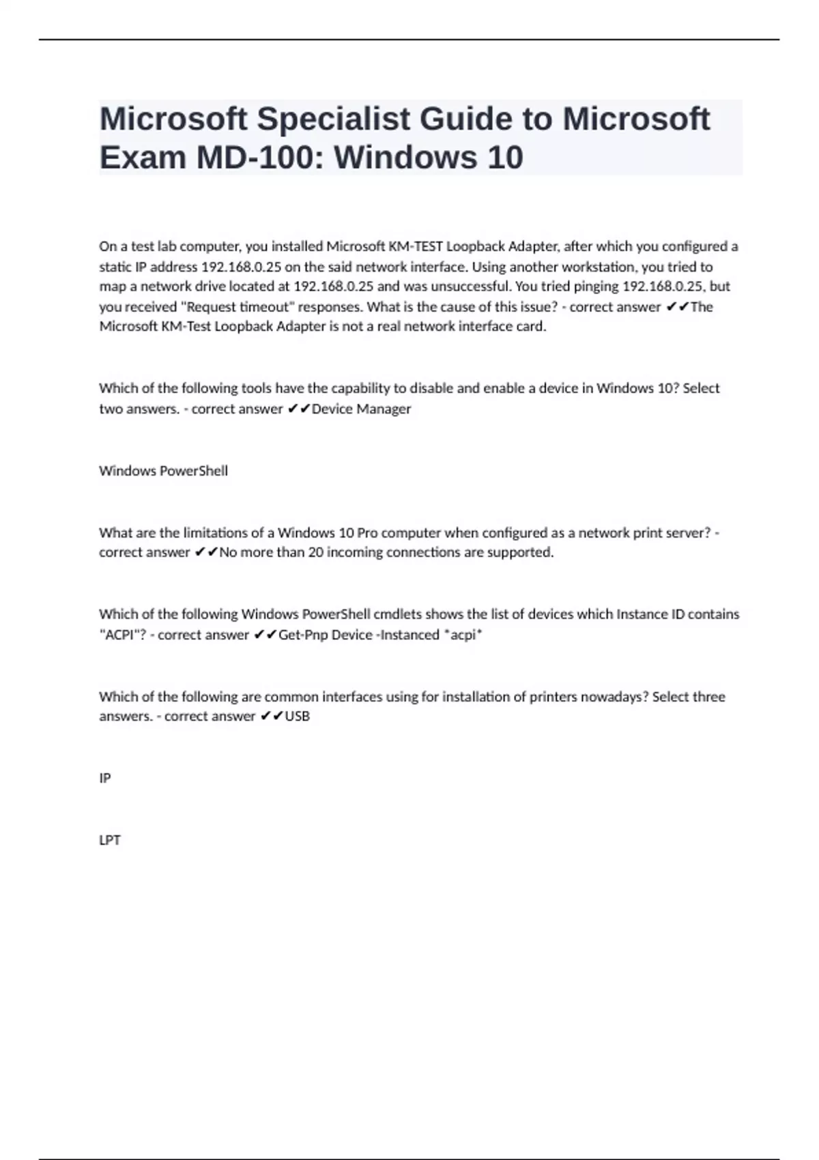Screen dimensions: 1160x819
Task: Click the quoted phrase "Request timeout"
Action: point(240,307)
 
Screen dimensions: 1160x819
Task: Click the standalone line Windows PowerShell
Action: point(163,471)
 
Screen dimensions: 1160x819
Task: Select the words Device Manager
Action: point(361,409)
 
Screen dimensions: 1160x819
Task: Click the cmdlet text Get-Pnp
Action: point(301,635)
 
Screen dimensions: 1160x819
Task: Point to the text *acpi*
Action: point(463,635)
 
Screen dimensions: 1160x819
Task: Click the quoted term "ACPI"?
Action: point(123,635)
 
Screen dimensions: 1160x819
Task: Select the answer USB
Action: point(297,716)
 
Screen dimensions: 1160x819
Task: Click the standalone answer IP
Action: point(105,778)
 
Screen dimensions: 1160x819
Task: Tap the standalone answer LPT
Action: point(110,840)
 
